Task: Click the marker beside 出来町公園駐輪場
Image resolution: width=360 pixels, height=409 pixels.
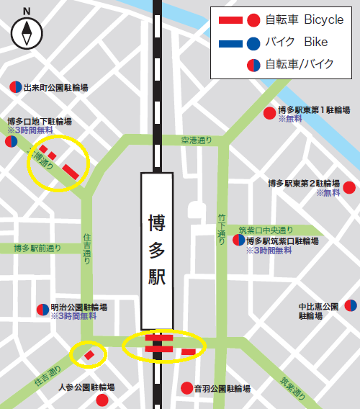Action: pos(14,88)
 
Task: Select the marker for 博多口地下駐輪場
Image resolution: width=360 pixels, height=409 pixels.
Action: pos(11,142)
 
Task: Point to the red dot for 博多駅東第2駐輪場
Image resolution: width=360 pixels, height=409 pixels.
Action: pos(349,188)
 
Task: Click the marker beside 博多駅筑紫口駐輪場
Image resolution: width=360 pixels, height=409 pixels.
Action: pos(238,241)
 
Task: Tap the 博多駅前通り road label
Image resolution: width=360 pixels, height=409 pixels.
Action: pos(37,248)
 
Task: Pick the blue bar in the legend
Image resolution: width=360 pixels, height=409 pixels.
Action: pos(230,42)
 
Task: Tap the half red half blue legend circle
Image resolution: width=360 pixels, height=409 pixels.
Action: pos(253,65)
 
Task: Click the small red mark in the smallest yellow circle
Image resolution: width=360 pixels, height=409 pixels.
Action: pos(89,354)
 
